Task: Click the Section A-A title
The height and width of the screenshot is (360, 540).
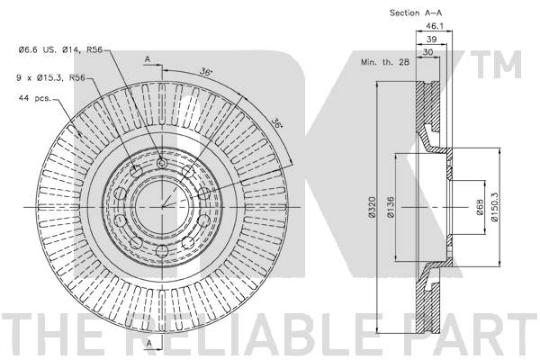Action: (416, 13)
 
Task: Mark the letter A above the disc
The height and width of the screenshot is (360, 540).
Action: (147, 58)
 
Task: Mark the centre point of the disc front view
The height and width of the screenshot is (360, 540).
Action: (162, 206)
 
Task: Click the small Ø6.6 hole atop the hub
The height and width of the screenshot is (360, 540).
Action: (162, 162)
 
